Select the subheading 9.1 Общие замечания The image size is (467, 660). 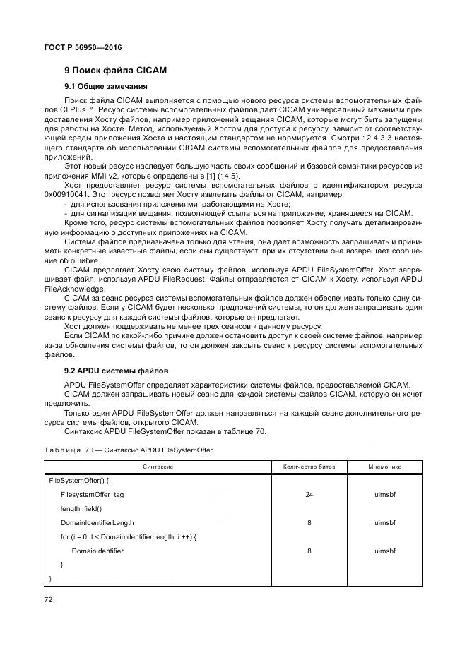tap(106, 86)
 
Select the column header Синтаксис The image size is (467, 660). tap(158, 467)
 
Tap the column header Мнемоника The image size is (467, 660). tap(385, 467)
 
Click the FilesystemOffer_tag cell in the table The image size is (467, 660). tap(92, 495)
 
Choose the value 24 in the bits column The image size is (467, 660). tap(309, 495)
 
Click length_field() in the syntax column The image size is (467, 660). tap(81, 509)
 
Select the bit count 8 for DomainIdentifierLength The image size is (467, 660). tap(309, 523)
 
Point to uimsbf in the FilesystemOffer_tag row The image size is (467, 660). tap(385, 495)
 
